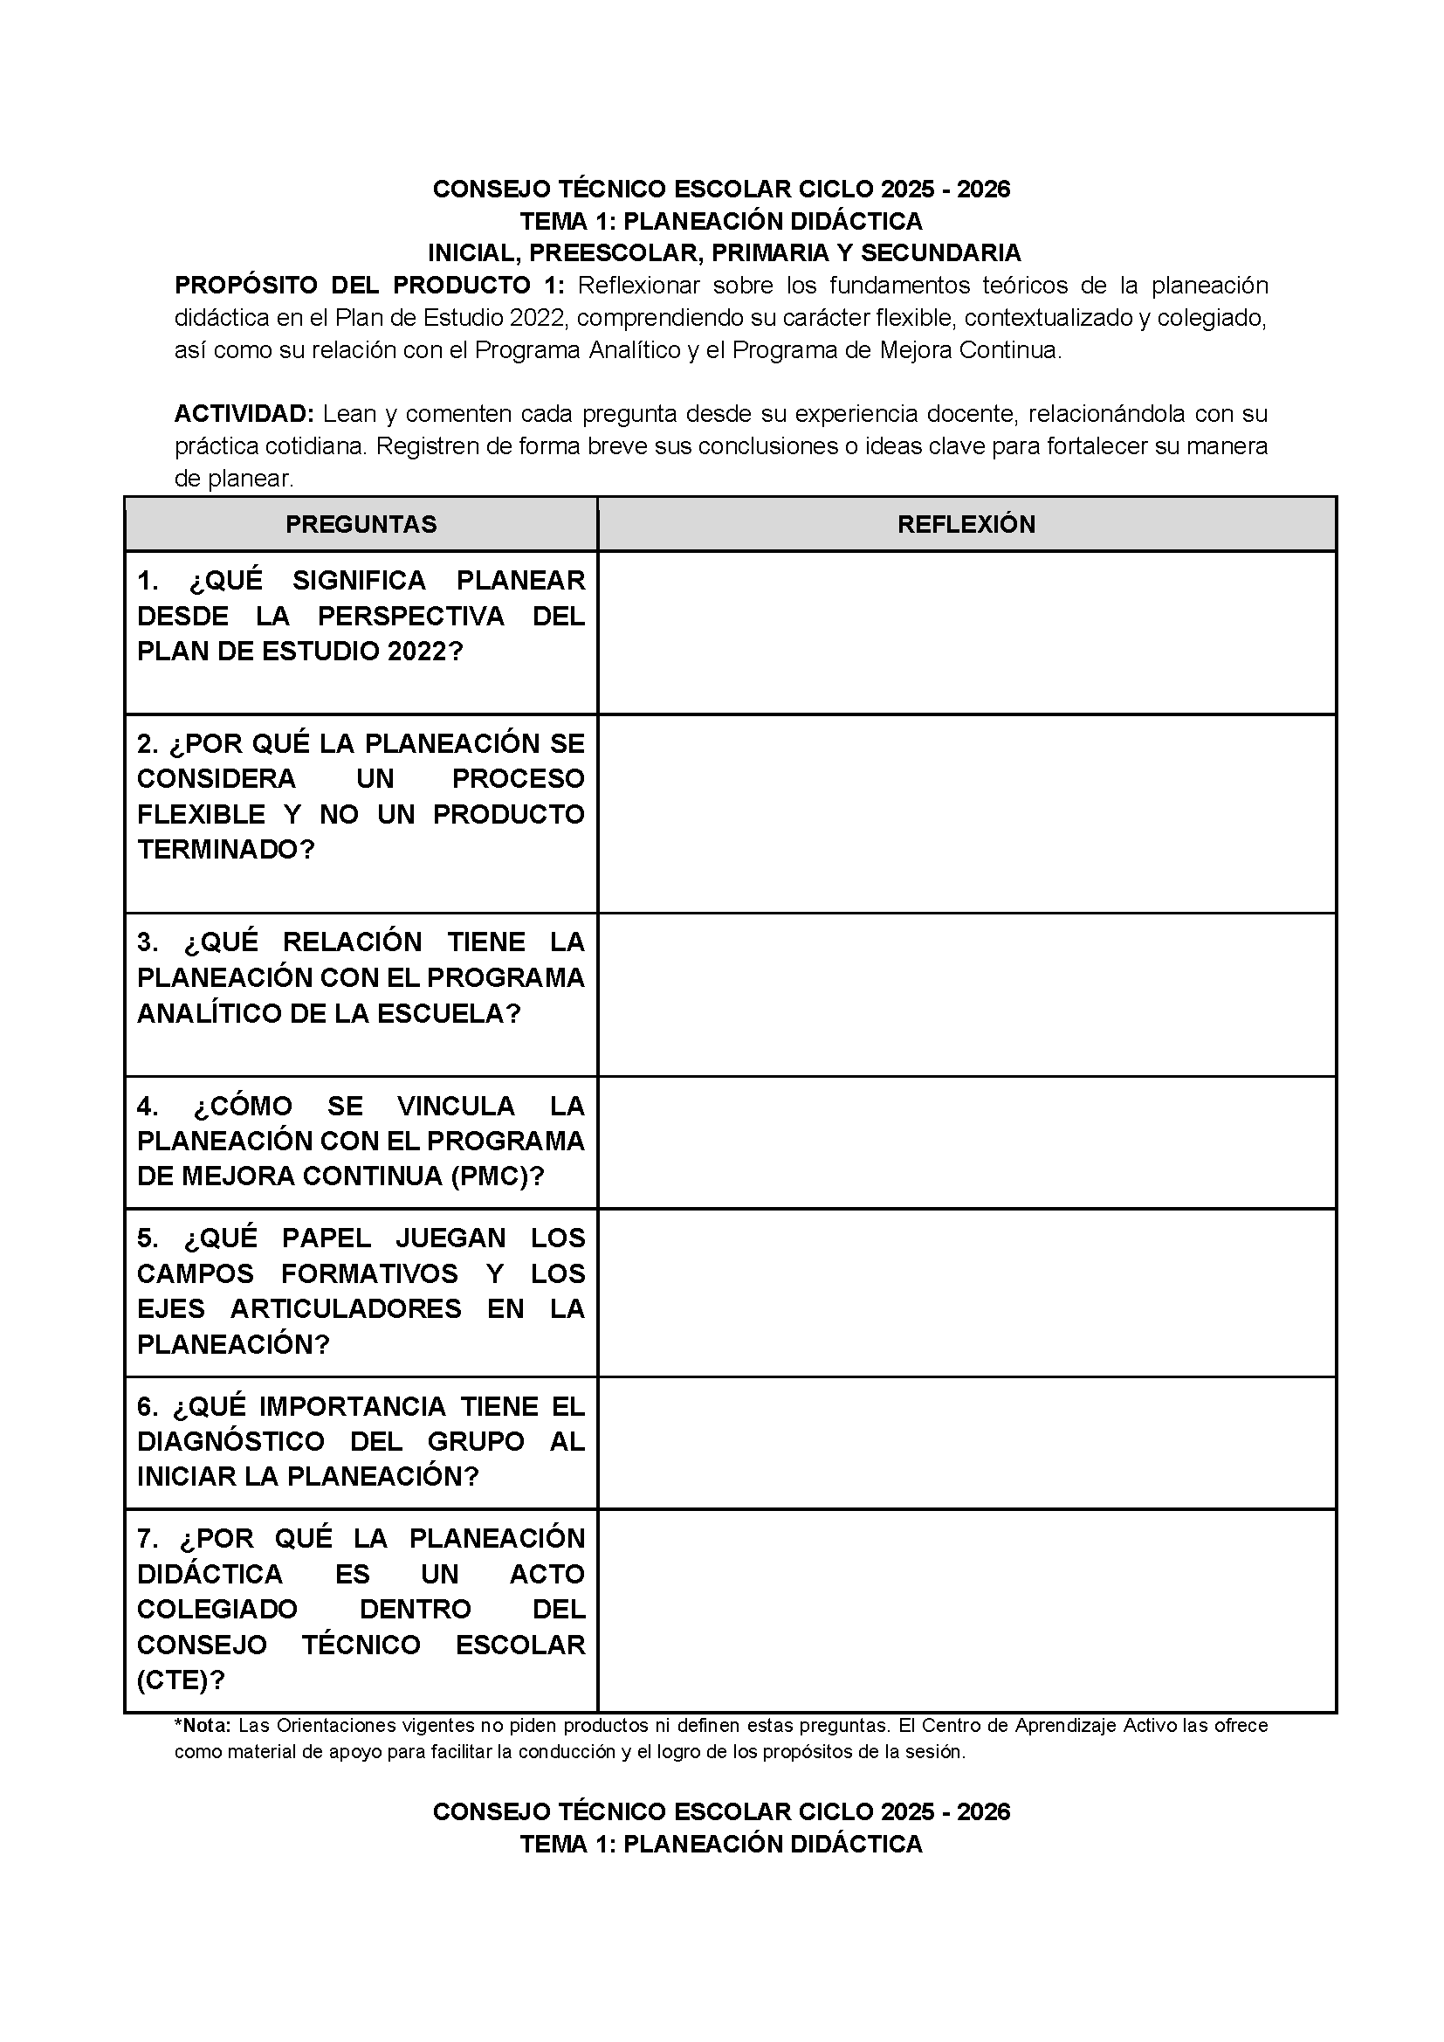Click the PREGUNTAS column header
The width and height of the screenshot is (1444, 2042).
coord(361,524)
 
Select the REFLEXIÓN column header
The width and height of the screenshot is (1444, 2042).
coord(966,524)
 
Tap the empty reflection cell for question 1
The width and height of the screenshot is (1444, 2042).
coord(966,632)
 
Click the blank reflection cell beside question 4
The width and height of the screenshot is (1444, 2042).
coord(966,1142)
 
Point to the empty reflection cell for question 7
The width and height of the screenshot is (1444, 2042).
coord(966,1610)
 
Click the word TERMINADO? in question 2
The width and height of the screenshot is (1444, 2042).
coord(226,849)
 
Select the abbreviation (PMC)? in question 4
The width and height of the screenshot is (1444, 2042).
coord(497,1176)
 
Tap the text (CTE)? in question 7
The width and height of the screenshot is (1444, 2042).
coord(181,1680)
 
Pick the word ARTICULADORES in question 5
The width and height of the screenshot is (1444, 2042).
coord(346,1308)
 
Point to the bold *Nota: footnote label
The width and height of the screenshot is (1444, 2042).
coord(203,1725)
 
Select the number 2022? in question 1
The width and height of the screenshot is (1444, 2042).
coord(426,651)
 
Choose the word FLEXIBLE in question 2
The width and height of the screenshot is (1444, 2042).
coord(201,814)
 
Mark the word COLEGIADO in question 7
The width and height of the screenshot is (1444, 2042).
coord(217,1609)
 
